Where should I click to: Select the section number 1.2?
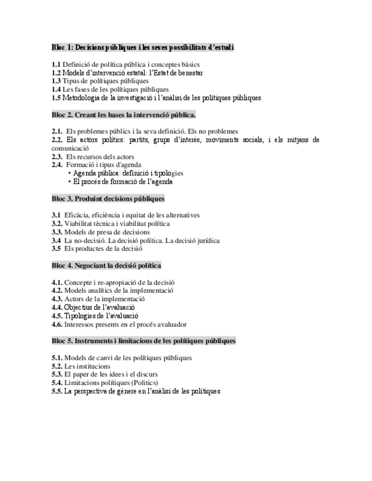pyautogui.click(x=56, y=73)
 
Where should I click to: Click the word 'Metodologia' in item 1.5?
pyautogui.click(x=81, y=98)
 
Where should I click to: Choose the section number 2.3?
pyautogui.click(x=57, y=156)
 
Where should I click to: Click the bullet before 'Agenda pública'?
pyautogui.click(x=69, y=173)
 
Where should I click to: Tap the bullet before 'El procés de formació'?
pyautogui.click(x=69, y=182)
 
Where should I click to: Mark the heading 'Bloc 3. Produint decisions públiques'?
pyautogui.click(x=108, y=199)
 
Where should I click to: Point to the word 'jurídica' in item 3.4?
pyautogui.click(x=206, y=240)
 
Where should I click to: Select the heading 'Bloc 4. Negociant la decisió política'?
pyautogui.click(x=106, y=265)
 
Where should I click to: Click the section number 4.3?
pyautogui.click(x=57, y=298)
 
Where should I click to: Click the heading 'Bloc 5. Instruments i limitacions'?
pyautogui.click(x=143, y=341)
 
